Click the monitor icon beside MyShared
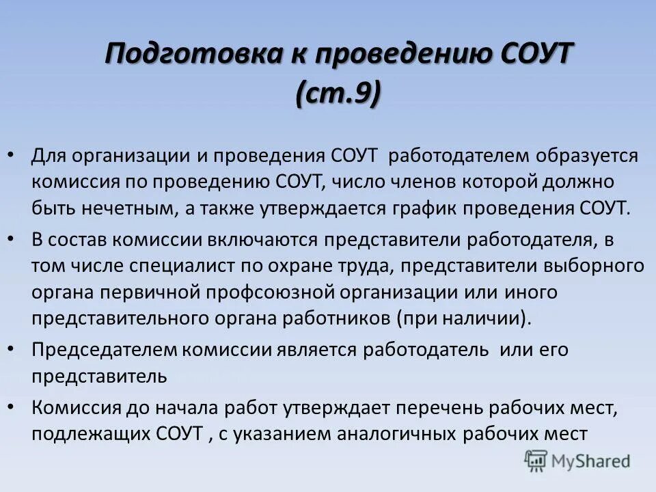536,461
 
